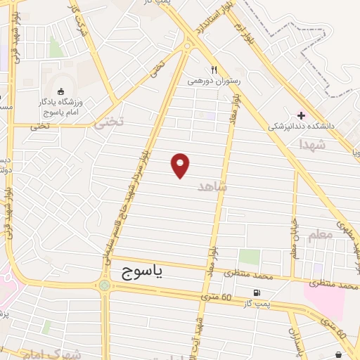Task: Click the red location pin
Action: pyautogui.click(x=181, y=165)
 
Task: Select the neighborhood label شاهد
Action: pyautogui.click(x=213, y=186)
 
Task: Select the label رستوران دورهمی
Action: pyautogui.click(x=214, y=82)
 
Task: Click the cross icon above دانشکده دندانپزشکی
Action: pyautogui.click(x=302, y=115)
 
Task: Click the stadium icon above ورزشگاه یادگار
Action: pyautogui.click(x=60, y=91)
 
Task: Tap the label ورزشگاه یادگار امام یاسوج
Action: pyautogui.click(x=60, y=107)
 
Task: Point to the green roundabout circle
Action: pyautogui.click(x=105, y=285)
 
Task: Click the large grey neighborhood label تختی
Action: pyautogui.click(x=108, y=121)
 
